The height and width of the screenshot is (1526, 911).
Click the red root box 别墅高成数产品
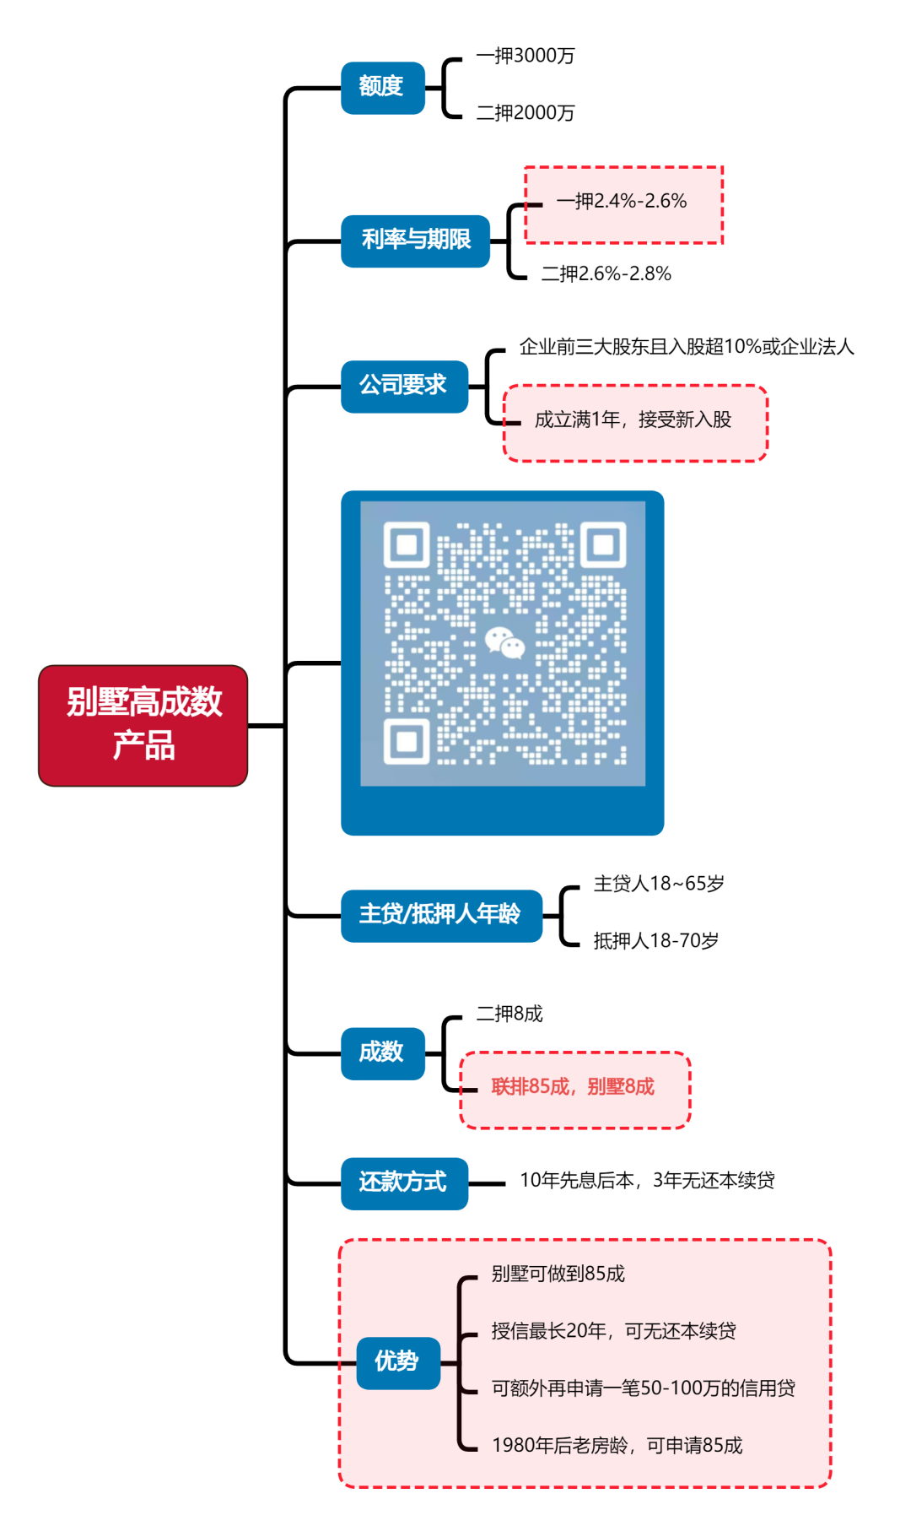[x=143, y=725]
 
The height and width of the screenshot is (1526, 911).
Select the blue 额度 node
[x=382, y=87]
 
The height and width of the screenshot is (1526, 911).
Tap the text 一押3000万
[x=525, y=56]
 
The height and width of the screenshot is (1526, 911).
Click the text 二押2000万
[x=525, y=113]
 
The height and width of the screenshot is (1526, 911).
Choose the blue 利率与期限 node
[x=415, y=241]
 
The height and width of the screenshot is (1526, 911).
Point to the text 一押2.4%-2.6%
[x=622, y=201]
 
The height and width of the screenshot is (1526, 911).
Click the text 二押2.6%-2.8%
[x=606, y=273]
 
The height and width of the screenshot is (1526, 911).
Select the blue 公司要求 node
[x=403, y=386]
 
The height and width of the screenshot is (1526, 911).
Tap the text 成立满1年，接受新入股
[x=633, y=419]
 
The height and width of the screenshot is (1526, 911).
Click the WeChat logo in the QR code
[x=504, y=643]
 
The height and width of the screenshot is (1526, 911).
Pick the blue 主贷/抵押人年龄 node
[x=440, y=915]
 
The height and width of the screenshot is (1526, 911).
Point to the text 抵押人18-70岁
[x=655, y=940]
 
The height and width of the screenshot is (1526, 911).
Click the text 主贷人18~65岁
[x=658, y=884]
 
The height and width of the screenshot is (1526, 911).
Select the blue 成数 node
[x=382, y=1053]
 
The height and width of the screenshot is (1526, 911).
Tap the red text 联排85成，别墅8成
[x=573, y=1087]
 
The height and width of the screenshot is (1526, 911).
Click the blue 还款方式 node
[x=403, y=1182]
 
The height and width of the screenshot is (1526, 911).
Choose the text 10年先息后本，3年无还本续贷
[x=646, y=1180]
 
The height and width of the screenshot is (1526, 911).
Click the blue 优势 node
[x=397, y=1361]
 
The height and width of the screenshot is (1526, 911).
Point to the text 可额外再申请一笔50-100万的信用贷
[x=643, y=1388]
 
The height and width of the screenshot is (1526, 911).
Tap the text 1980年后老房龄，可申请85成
[x=617, y=1446]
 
